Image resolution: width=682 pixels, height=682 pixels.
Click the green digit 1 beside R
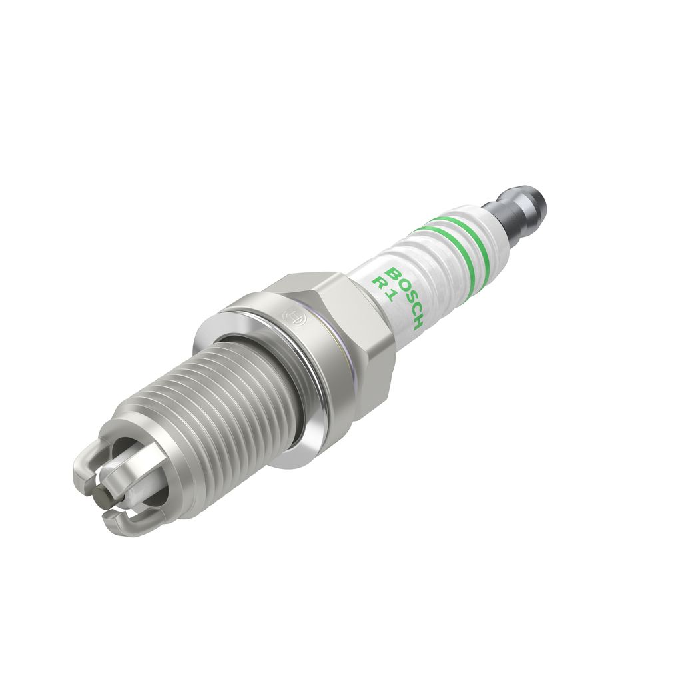[388, 296]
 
